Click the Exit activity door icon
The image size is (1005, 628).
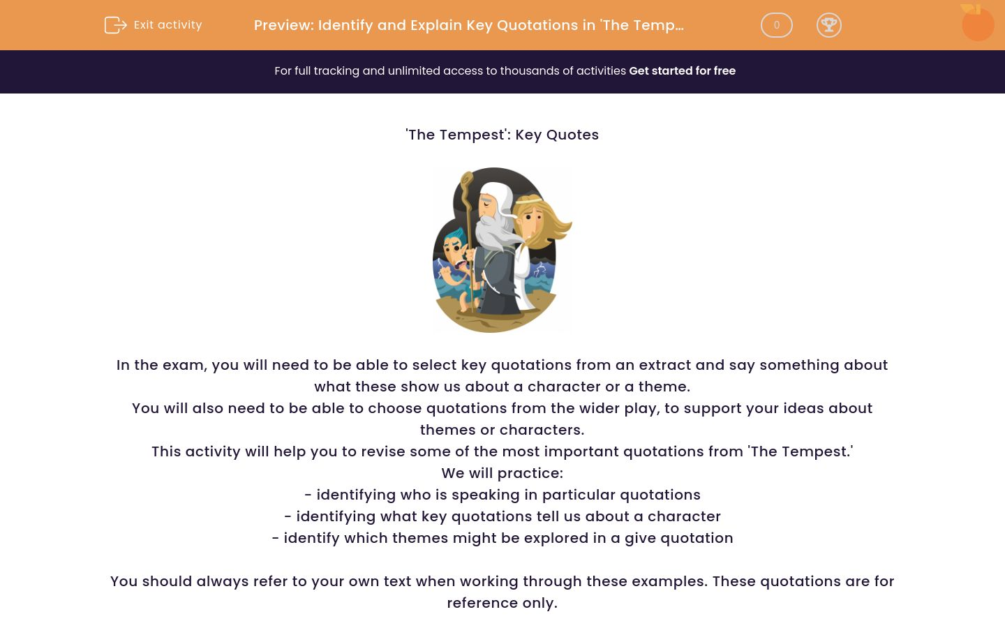pyautogui.click(x=115, y=25)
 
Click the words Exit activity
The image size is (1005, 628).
pyautogui.click(x=167, y=25)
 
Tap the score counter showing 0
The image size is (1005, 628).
pyautogui.click(x=776, y=25)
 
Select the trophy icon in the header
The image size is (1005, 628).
pyautogui.click(x=828, y=25)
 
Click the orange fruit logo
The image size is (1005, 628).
pyautogui.click(x=977, y=23)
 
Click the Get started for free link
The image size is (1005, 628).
pyautogui.click(x=682, y=71)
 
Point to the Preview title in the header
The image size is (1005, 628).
pyautogui.click(x=468, y=25)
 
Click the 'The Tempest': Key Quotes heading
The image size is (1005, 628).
pyautogui.click(x=502, y=135)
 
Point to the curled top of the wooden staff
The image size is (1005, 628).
pyautogui.click(x=466, y=181)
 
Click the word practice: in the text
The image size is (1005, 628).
pyautogui.click(x=535, y=474)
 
